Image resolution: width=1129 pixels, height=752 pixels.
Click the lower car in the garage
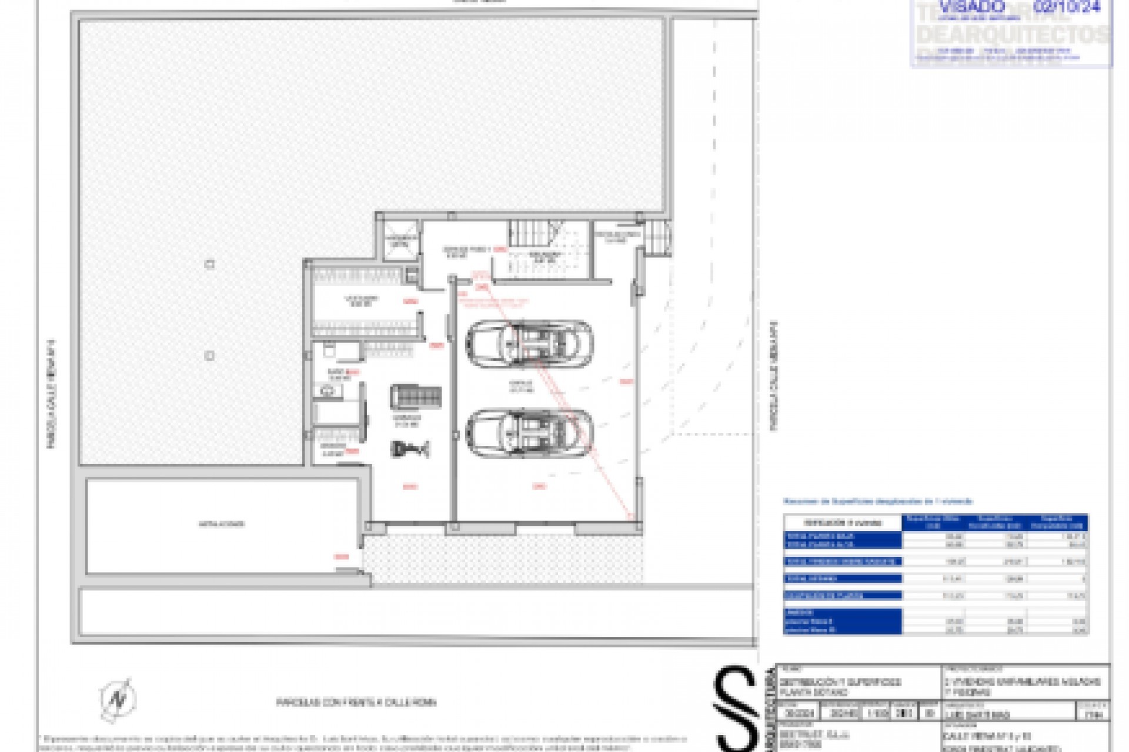pyautogui.click(x=530, y=434)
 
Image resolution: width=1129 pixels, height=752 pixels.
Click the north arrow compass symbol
pyautogui.click(x=118, y=699)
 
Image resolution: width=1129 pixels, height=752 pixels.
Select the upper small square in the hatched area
pyautogui.click(x=209, y=264)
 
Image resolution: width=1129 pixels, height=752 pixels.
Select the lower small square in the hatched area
pyautogui.click(x=209, y=355)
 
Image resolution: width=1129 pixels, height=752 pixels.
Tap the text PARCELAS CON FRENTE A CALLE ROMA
pyautogui.click(x=356, y=702)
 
